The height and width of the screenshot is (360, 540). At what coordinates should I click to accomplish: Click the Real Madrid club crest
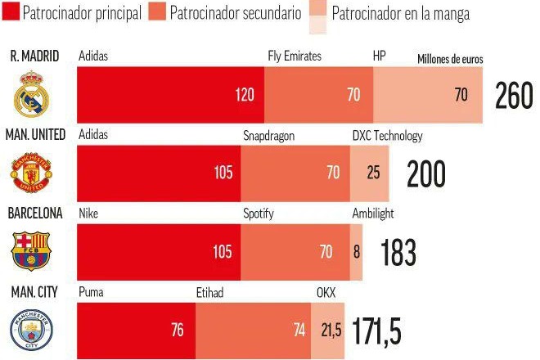[x=34, y=95]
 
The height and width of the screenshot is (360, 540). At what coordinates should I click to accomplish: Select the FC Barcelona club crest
[x=34, y=250]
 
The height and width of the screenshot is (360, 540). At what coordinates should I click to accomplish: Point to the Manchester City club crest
[x=34, y=330]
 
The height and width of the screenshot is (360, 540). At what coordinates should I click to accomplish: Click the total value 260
[x=514, y=96]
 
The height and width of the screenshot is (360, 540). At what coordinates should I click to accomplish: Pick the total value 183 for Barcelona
[x=398, y=252]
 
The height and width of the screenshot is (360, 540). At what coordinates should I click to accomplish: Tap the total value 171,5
[x=377, y=331]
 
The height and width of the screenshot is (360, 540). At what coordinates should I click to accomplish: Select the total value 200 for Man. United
[x=426, y=173]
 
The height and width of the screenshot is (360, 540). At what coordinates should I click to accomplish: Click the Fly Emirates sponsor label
[x=295, y=56]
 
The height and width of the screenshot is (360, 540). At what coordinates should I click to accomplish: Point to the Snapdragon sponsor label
[x=268, y=136]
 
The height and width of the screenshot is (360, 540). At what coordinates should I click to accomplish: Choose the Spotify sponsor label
[x=259, y=214]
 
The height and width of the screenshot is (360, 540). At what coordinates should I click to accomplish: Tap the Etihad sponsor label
[x=209, y=292]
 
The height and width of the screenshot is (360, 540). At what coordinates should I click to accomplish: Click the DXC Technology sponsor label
[x=387, y=136]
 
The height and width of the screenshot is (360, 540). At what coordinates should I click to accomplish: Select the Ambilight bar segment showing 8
[x=356, y=251]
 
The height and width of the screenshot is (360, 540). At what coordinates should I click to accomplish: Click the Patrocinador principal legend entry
[x=74, y=14]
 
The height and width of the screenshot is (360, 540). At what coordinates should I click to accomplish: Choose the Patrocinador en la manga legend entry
[x=401, y=14]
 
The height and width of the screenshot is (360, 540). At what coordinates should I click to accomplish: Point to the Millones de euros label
[x=450, y=60]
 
